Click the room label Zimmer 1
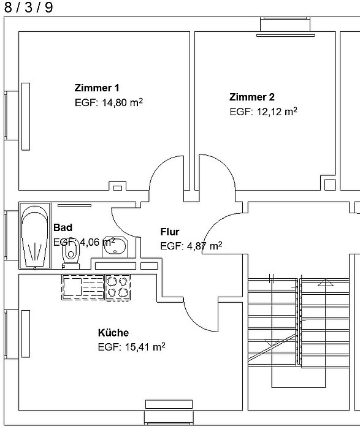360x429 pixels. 97,88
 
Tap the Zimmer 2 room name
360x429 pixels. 252,97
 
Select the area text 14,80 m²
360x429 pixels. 123,102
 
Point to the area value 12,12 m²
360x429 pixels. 277,112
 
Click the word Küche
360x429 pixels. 113,333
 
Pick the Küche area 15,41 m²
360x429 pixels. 145,347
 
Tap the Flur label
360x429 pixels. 170,232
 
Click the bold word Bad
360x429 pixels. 63,227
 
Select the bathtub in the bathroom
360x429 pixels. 35,235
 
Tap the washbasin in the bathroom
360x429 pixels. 115,247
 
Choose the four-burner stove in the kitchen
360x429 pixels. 118,287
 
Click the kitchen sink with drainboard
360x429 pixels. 83,287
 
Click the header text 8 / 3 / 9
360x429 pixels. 28,7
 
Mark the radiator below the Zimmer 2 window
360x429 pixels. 286,36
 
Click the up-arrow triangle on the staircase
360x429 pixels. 326,283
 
